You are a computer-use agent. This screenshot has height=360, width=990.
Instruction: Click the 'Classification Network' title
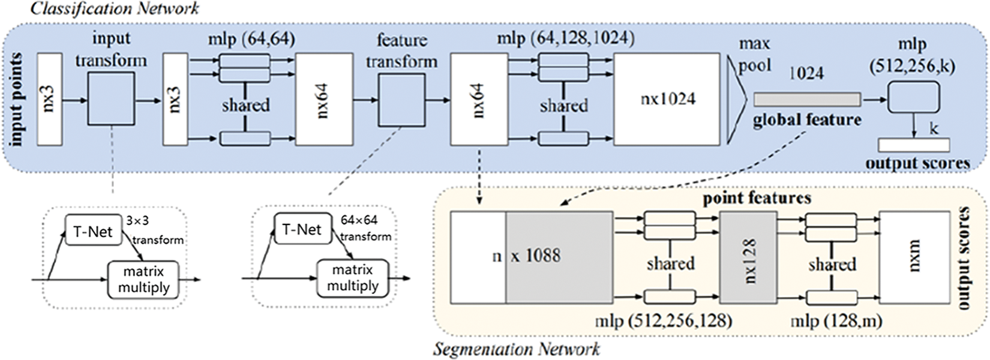coord(115,8)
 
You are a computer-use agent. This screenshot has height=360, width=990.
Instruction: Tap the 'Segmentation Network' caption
coord(516,349)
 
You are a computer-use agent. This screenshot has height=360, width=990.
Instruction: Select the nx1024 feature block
coord(667,100)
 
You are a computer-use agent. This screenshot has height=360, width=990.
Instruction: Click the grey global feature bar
coord(807,100)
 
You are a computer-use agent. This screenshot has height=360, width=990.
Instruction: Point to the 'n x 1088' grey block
coord(559,257)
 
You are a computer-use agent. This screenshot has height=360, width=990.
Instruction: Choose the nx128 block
coord(748,257)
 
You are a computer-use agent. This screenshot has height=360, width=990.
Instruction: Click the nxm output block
coord(914,257)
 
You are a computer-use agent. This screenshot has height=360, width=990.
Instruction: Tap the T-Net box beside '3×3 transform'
coord(93,230)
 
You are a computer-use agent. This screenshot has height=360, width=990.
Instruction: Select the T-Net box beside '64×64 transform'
coord(303,229)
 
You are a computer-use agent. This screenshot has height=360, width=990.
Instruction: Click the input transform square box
coord(111,99)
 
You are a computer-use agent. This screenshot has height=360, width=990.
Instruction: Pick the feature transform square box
coord(401,100)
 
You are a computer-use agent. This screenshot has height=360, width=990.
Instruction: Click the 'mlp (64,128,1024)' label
coord(566,39)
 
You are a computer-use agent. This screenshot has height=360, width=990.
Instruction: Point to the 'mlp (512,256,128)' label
coord(664,321)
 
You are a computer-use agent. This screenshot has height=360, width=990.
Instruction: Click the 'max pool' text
coord(755,55)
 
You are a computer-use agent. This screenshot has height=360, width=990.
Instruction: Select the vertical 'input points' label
coord(16,100)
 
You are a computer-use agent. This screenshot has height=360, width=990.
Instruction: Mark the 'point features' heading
coord(757,198)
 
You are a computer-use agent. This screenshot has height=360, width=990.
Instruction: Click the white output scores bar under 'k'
coord(914,145)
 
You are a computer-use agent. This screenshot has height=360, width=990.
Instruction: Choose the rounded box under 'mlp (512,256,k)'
coord(914,97)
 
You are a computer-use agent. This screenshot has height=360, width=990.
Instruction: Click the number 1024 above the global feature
coord(806,73)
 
